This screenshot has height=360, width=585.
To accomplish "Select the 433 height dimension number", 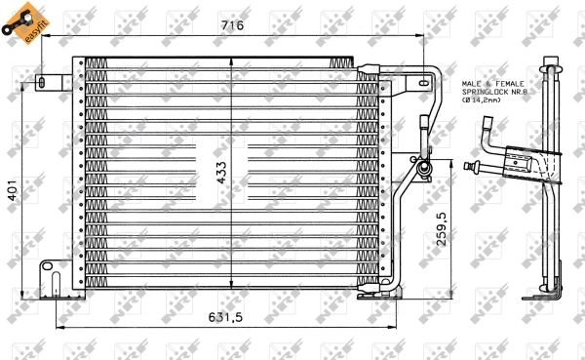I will point(221,173).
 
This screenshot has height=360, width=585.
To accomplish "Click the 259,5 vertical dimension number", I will point(441,230).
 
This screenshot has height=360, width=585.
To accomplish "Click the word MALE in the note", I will point(473,85).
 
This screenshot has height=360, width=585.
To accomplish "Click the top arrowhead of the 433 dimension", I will point(230,60).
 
